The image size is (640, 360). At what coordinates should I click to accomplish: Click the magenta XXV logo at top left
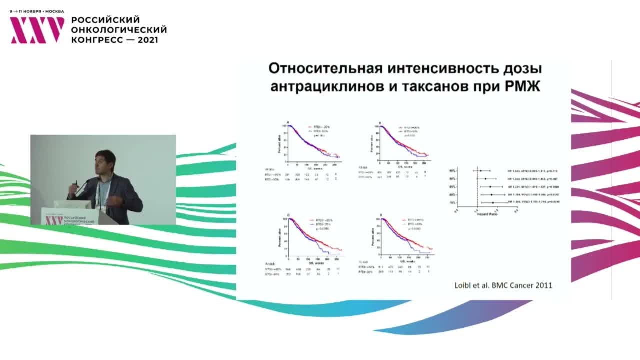coord(37,30)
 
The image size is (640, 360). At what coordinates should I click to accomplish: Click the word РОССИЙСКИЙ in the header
coord(105,20)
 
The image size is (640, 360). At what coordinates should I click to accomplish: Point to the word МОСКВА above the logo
coord(54,11)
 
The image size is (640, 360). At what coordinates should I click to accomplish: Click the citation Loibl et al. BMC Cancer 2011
coord(504,286)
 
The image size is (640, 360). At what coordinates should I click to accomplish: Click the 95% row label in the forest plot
coord(452,170)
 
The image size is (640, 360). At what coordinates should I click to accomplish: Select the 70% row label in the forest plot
coord(452,202)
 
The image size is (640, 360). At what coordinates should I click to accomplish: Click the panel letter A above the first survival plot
coord(288,122)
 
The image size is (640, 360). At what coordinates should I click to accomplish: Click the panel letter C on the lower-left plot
coord(288,215)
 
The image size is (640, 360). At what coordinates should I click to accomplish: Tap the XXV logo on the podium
coord(51,220)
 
